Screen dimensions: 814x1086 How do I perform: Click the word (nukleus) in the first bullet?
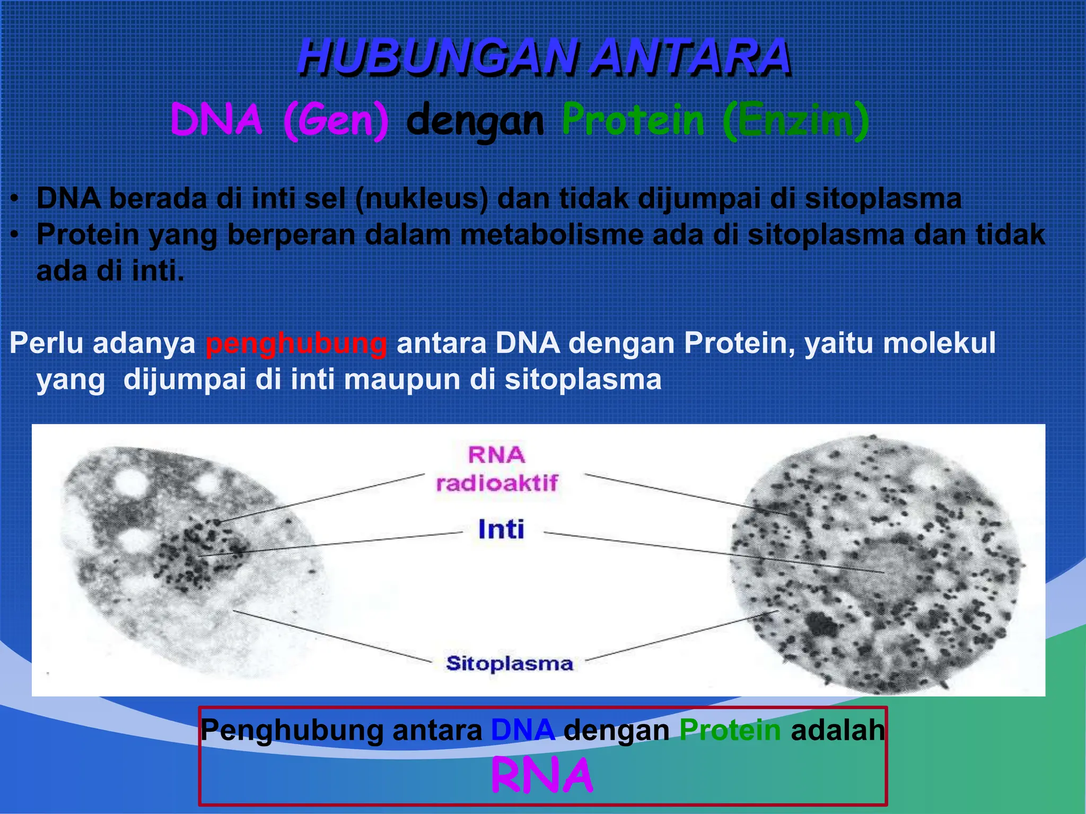pyautogui.click(x=422, y=199)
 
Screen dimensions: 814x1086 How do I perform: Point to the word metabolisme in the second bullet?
pyautogui.click(x=551, y=235)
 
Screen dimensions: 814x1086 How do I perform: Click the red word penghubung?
pyautogui.click(x=296, y=343)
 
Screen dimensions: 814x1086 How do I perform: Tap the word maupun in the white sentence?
pyautogui.click(x=404, y=380)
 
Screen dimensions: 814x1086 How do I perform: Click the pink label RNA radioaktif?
pyautogui.click(x=497, y=469)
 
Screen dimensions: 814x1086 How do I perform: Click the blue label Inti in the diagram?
pyautogui.click(x=501, y=529)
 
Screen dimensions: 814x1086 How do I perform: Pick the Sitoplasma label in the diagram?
pyautogui.click(x=510, y=663)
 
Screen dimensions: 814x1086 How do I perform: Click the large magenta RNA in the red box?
pyautogui.click(x=542, y=776)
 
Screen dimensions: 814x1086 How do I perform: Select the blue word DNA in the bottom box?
pyautogui.click(x=523, y=730)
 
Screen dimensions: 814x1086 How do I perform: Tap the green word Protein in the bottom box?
pyautogui.click(x=730, y=730)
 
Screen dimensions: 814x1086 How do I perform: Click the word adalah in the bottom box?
pyautogui.click(x=838, y=730)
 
